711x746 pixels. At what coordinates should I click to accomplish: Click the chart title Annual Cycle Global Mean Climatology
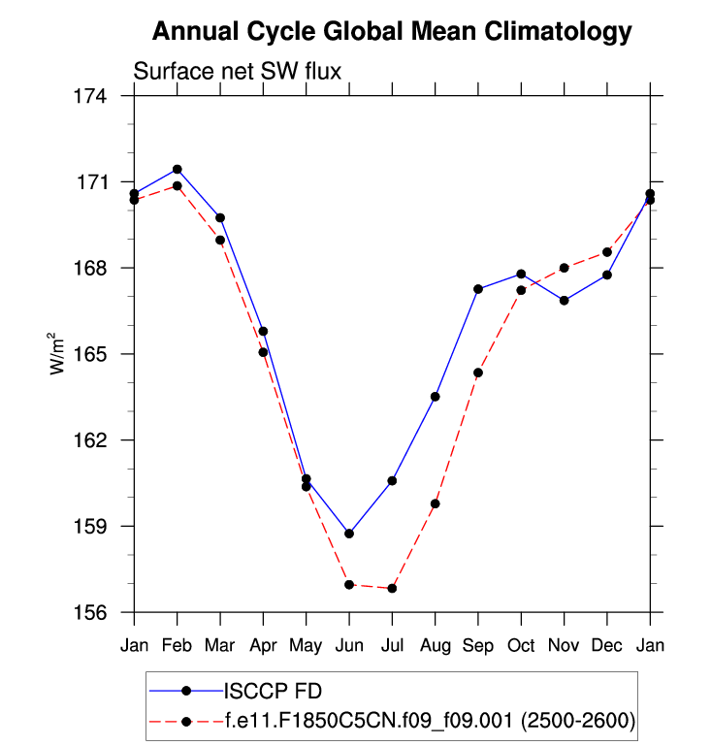[392, 32]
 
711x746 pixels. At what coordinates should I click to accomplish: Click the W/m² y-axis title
[57, 354]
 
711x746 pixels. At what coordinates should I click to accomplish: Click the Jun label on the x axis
[349, 646]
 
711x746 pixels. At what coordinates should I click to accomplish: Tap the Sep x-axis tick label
[478, 646]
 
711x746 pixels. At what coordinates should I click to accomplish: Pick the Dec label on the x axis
[607, 646]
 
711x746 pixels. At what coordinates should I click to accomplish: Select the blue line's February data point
[178, 170]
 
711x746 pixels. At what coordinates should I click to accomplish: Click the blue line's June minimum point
[349, 534]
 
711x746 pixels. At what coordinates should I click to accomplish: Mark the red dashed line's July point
[392, 589]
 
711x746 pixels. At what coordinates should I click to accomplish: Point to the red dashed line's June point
[349, 585]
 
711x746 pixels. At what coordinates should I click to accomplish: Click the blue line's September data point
[478, 289]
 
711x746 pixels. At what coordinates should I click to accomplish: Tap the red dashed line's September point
[478, 373]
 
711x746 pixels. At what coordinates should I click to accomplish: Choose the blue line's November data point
[565, 301]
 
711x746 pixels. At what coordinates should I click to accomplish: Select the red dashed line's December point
[607, 252]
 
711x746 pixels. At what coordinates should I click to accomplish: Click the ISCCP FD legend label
[273, 692]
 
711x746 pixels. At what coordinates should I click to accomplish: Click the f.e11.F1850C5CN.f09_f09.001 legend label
[428, 720]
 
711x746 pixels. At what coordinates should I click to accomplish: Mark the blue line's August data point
[436, 397]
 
